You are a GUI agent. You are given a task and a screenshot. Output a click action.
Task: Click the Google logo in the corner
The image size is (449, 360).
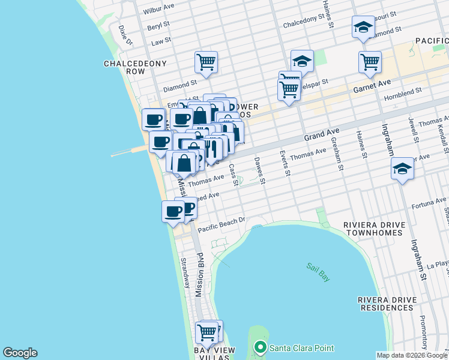(x=20, y=353)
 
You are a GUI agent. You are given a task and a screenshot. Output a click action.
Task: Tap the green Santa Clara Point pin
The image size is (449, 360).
(x=260, y=347)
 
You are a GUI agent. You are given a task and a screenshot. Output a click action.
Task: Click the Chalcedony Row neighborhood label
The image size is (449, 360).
(x=125, y=67)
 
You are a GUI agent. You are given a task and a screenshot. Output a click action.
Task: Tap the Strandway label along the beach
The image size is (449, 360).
(x=185, y=273)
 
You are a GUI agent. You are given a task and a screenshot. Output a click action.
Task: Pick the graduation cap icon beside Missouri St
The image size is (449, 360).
(x=363, y=27)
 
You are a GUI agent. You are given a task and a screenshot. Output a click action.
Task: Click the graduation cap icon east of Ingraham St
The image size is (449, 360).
(x=402, y=169)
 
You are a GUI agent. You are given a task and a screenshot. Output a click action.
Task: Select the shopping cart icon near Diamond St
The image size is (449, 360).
(x=206, y=61)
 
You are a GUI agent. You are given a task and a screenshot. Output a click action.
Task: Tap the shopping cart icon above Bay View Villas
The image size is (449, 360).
(x=207, y=331)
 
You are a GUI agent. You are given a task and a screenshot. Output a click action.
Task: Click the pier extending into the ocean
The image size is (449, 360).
(x=129, y=152)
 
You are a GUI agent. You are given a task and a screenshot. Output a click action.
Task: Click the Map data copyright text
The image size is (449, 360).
(x=412, y=355)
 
